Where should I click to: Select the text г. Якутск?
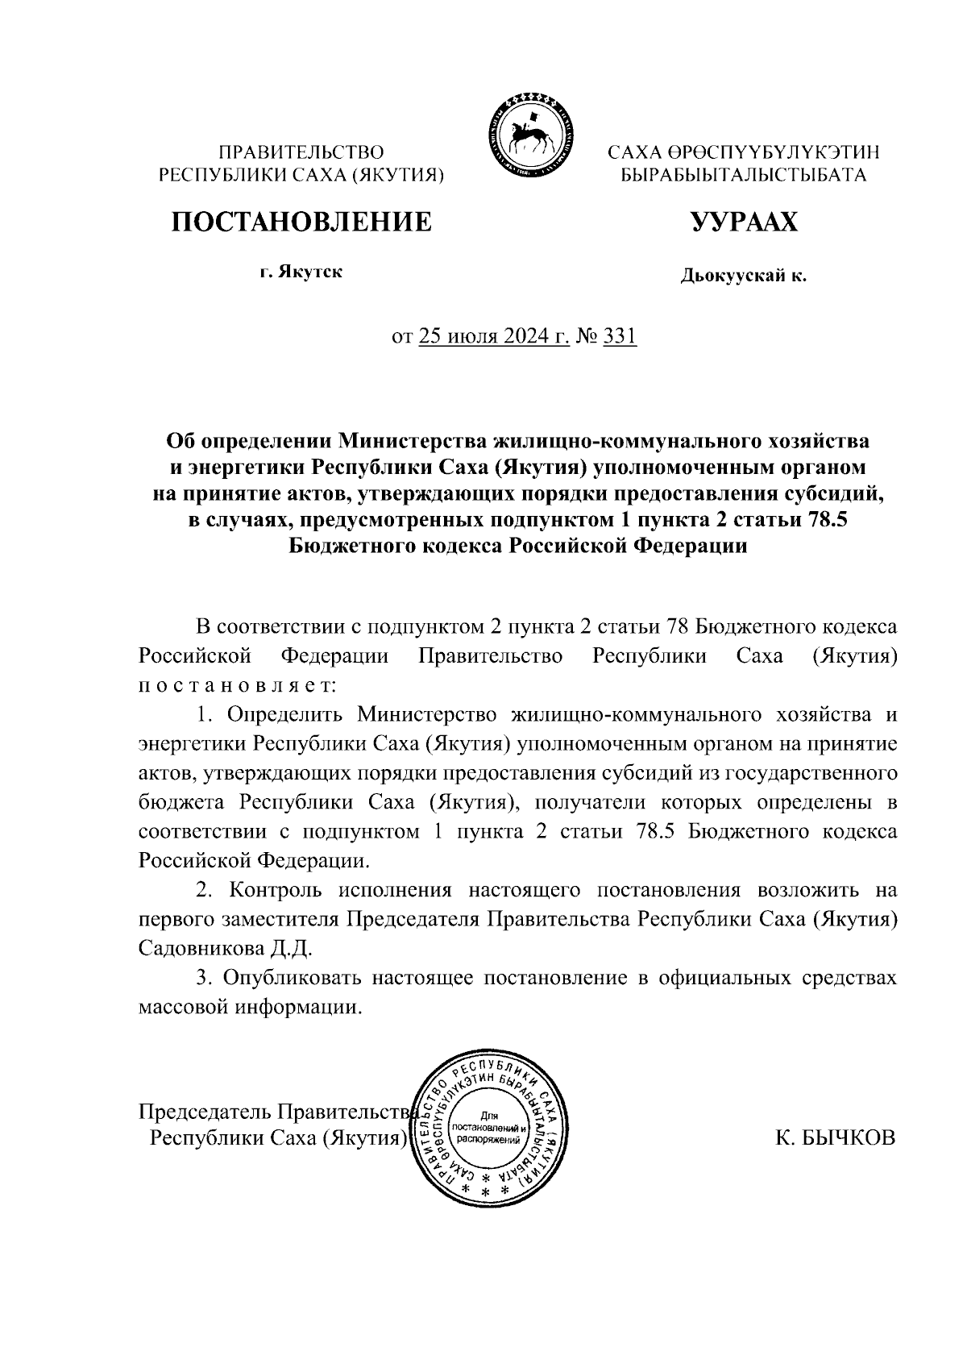[x=301, y=272]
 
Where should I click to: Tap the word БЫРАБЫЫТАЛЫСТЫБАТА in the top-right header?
[x=743, y=175]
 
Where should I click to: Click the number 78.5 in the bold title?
[x=826, y=520]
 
